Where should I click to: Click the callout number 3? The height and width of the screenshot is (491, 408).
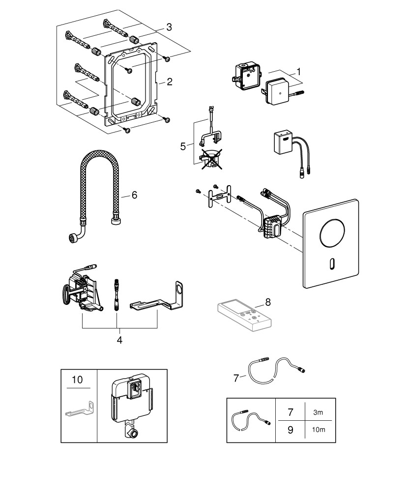(169, 27)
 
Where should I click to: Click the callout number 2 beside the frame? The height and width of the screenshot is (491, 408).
(169, 82)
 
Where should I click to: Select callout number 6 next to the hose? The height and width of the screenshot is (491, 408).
(134, 195)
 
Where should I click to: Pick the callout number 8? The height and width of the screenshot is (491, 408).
(268, 302)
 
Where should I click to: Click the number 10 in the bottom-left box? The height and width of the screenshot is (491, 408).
(78, 380)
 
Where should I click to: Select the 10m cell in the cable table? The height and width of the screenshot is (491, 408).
(318, 430)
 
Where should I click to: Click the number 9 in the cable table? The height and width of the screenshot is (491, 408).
(290, 430)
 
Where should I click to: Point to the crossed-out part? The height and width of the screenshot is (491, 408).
(210, 159)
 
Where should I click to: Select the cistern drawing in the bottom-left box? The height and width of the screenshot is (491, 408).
(131, 404)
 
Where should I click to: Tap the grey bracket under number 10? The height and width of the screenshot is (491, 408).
(79, 409)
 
